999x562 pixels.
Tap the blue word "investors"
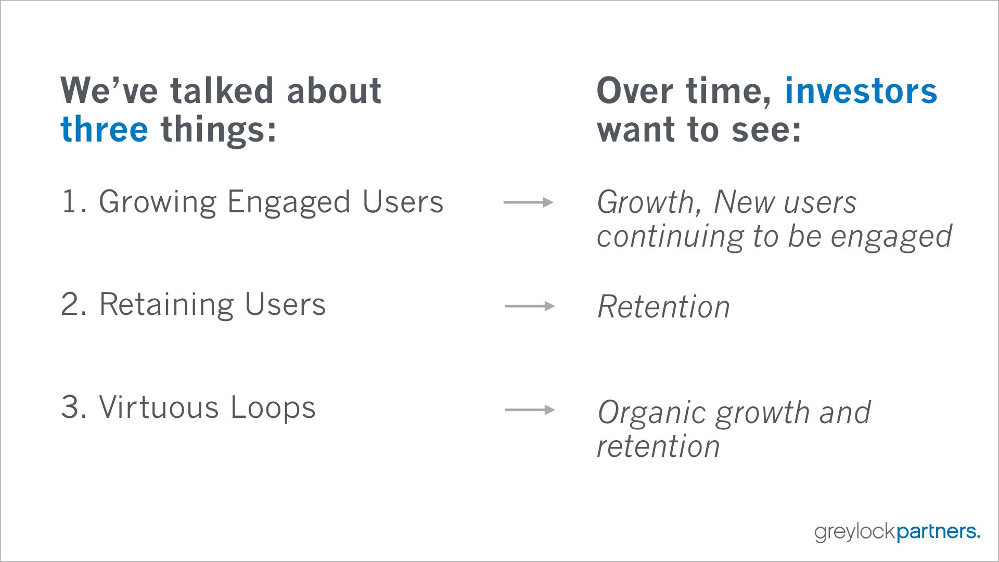[861, 91]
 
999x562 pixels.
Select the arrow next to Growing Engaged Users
[528, 202]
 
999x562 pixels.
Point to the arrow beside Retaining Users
[530, 306]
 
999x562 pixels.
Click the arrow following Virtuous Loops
[530, 410]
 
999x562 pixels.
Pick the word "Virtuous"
[159, 407]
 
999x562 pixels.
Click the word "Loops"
[273, 407]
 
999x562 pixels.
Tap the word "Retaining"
[166, 305]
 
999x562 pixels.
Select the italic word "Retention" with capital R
[664, 306]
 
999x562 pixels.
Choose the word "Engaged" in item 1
[289, 202]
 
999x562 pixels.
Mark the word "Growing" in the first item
[158, 202]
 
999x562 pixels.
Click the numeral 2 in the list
[71, 304]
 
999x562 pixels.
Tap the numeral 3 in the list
[71, 407]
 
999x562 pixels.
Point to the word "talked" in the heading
[222, 91]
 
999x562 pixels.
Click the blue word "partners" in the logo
[936, 532]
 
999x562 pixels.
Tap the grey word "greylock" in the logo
[855, 532]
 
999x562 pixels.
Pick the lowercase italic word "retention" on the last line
[658, 446]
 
